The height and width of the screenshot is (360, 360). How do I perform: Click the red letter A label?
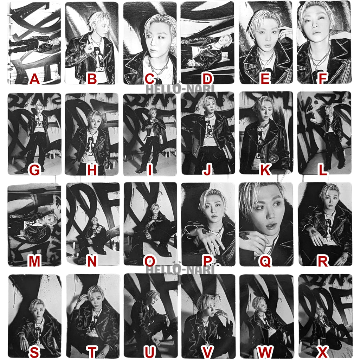tap(34, 79)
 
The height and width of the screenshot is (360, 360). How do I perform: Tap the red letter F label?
tap(322, 79)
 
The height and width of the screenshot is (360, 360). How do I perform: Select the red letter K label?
tap(265, 170)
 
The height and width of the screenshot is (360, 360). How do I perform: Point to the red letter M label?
tap(34, 261)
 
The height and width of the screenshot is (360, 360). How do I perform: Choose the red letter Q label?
tap(265, 261)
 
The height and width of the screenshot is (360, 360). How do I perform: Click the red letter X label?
tap(322, 352)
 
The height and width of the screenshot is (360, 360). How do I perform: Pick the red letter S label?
tap(34, 352)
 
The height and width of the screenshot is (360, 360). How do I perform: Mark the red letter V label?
tap(207, 352)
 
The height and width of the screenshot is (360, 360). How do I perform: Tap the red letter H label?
tap(92, 170)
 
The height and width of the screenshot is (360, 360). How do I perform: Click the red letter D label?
tap(207, 79)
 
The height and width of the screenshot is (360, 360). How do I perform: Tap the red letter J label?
tap(207, 170)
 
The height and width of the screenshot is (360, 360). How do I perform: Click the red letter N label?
tap(92, 261)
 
